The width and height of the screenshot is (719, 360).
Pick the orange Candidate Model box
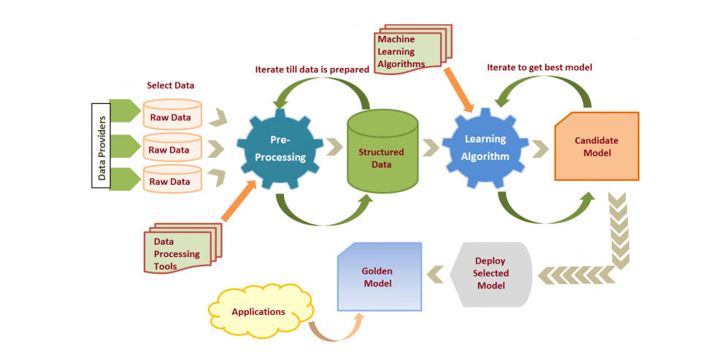pyautogui.click(x=596, y=146)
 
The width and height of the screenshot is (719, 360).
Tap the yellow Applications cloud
pyautogui.click(x=259, y=312)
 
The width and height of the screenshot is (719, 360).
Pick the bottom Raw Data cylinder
pyautogui.click(x=171, y=180)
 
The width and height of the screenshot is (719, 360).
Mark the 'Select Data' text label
pyautogui.click(x=171, y=85)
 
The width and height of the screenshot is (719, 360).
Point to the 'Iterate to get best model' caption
pyautogui.click(x=539, y=67)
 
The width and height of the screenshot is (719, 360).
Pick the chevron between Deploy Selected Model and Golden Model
pyautogui.click(x=437, y=274)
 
